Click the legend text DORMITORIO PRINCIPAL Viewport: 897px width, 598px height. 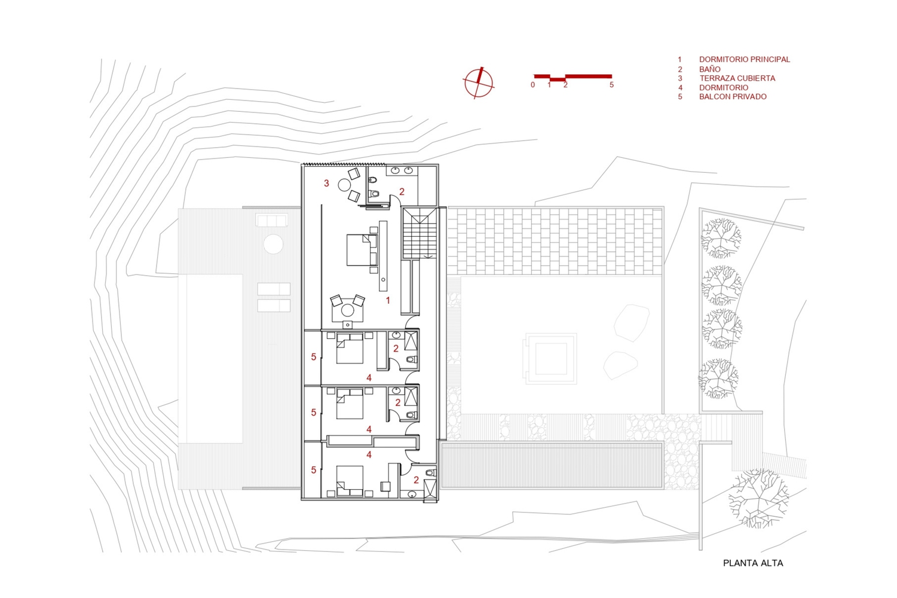click(745, 59)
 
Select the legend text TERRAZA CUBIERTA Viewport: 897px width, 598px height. click(737, 78)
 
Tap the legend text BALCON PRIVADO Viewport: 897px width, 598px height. click(733, 97)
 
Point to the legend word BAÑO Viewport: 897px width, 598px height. click(710, 69)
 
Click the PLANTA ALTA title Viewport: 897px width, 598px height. click(753, 563)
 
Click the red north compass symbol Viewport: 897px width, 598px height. click(478, 83)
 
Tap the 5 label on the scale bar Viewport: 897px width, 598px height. click(611, 85)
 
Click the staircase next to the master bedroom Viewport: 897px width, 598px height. click(420, 233)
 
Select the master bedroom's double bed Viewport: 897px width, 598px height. click(362, 250)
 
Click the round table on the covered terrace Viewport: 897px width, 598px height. click(344, 185)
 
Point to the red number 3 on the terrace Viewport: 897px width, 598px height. click(326, 183)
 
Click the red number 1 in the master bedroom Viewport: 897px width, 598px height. click(388, 300)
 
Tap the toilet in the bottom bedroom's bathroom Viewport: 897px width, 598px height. click(430, 472)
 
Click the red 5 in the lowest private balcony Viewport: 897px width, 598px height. click(314, 470)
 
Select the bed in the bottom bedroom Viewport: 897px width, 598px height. click(350, 481)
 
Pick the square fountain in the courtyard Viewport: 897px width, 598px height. click(550, 359)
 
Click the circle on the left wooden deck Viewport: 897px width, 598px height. click(274, 244)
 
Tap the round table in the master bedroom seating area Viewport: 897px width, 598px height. click(347, 310)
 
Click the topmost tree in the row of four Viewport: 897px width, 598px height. click(721, 238)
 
